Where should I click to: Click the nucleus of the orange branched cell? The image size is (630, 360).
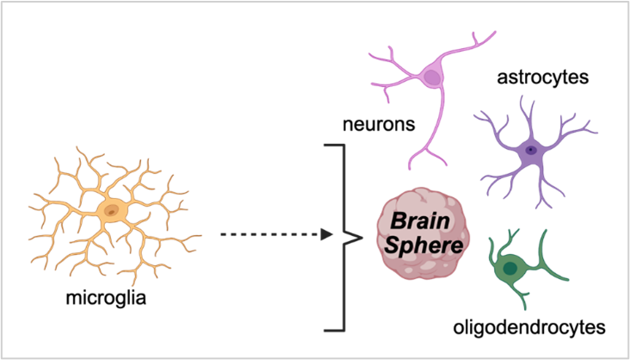pos(112,209)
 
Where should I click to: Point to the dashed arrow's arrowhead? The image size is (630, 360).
pos(327,234)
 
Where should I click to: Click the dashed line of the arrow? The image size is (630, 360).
pos(267,234)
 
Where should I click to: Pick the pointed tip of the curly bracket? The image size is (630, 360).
pos(337,235)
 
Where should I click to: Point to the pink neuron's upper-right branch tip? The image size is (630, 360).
pos(494,34)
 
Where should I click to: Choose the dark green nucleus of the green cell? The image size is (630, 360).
pos(510,269)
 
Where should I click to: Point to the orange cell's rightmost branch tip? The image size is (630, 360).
pos(200,234)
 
